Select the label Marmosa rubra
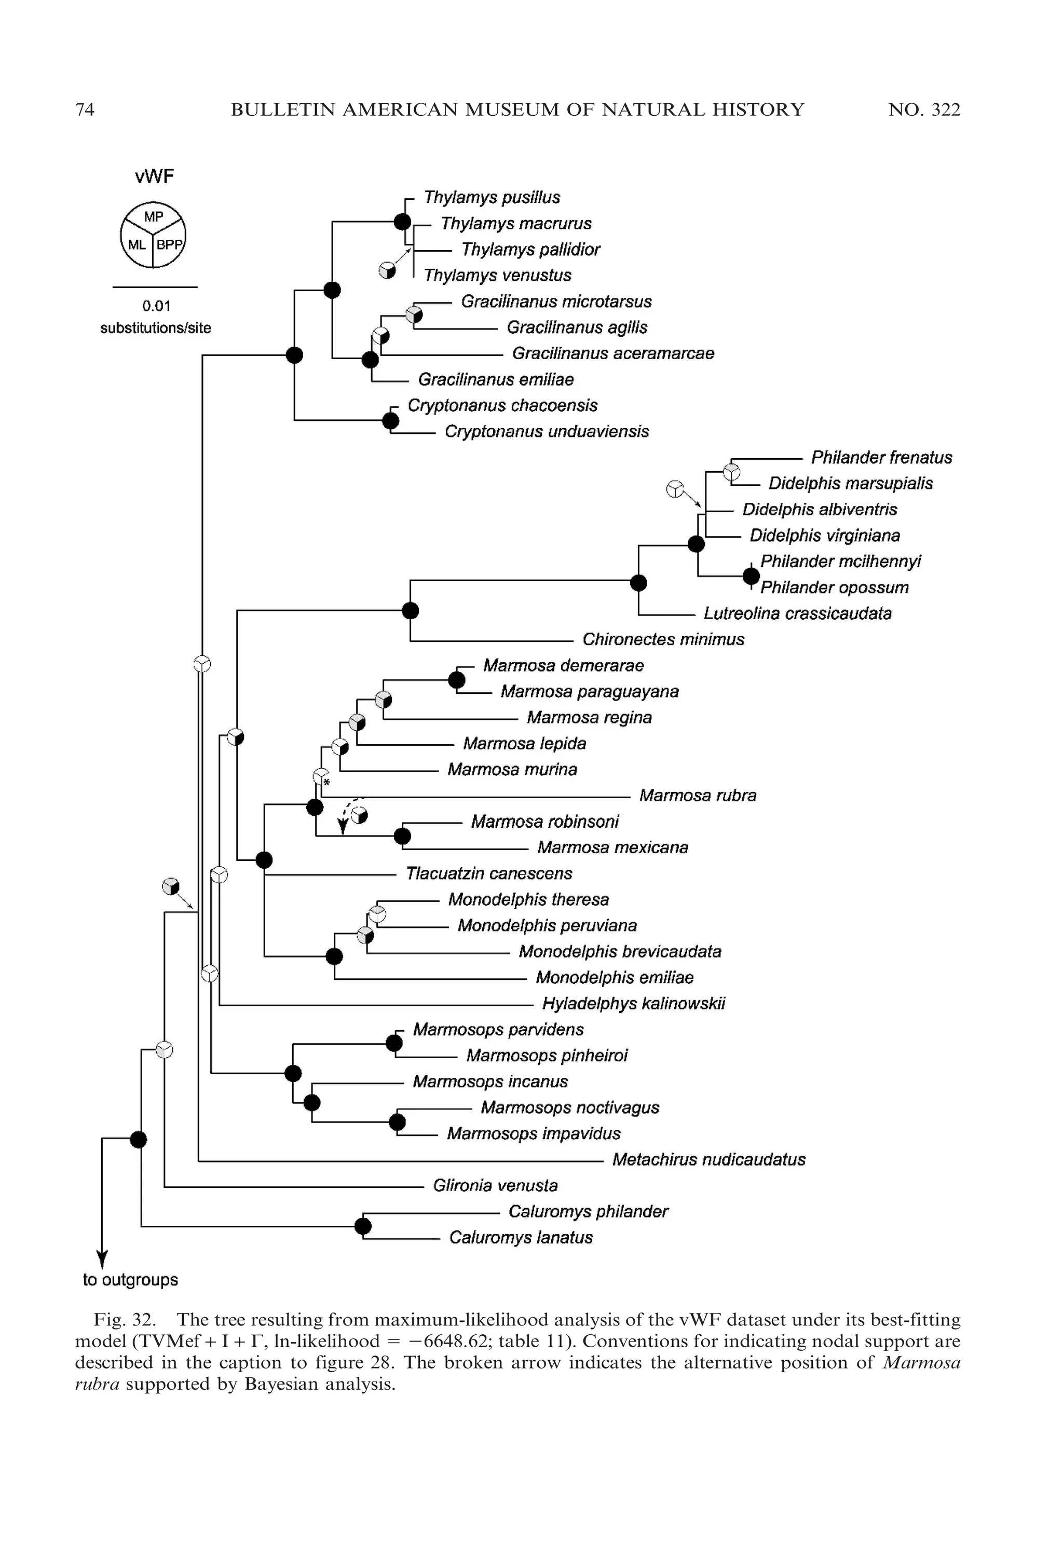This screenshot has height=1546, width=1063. [698, 796]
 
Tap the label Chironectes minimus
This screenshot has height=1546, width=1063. [663, 639]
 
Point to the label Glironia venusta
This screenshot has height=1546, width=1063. [495, 1185]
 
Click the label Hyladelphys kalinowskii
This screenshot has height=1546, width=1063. [633, 1003]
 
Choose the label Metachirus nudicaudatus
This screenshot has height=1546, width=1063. [708, 1159]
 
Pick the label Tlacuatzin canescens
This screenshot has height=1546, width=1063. [489, 873]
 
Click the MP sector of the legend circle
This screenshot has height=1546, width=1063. [153, 216]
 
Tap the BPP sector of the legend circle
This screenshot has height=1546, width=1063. [169, 245]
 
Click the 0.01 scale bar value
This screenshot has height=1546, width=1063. [156, 306]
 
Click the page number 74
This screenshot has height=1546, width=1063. [85, 110]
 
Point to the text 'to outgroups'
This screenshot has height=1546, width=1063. [131, 1280]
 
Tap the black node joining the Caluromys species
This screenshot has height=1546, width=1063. [362, 1226]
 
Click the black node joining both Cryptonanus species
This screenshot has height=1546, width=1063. [391, 421]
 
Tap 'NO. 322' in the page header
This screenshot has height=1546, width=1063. [924, 110]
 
